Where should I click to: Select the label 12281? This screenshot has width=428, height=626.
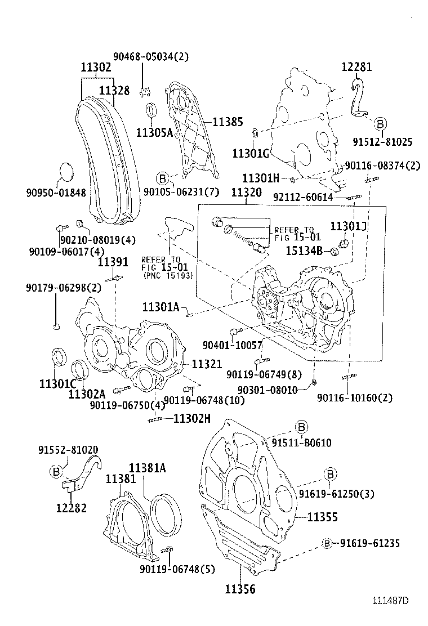point(356,67)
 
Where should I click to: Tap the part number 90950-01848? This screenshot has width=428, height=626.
point(56,193)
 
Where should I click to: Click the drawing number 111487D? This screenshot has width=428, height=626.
point(389,600)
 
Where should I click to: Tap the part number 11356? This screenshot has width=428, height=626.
point(240,589)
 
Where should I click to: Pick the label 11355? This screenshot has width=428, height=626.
point(323,516)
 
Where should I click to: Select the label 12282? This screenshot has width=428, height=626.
point(71,508)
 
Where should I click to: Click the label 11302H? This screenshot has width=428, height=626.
point(192,418)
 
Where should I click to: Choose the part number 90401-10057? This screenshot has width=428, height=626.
point(233,345)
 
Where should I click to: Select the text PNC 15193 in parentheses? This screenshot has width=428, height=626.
point(168,276)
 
